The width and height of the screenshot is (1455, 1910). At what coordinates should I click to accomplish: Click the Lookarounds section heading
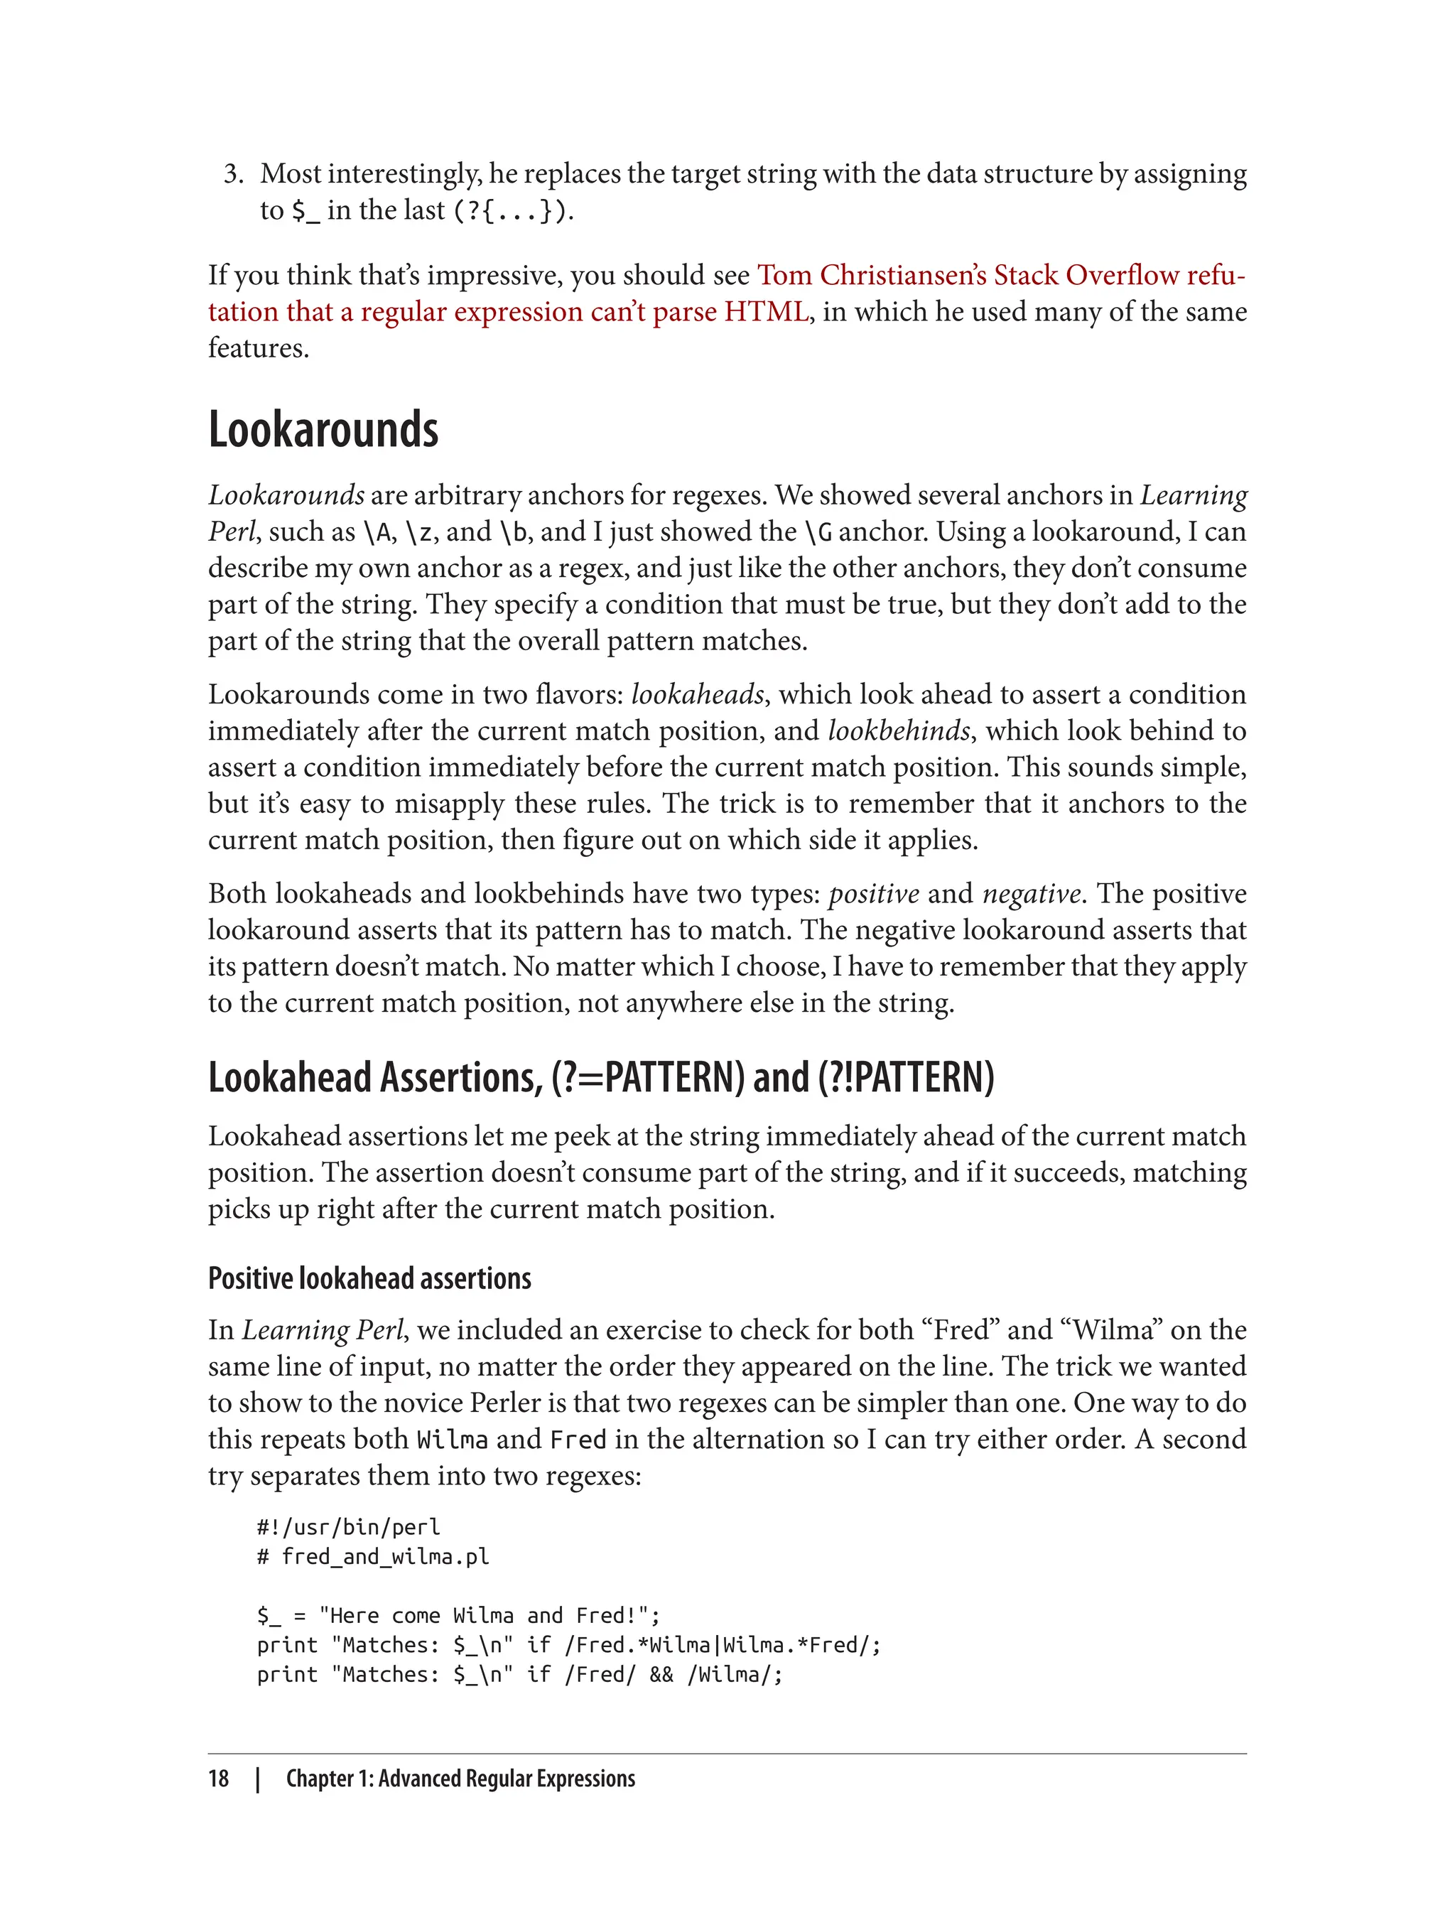323,430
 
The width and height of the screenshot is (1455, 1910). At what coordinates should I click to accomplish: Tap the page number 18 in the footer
218,1779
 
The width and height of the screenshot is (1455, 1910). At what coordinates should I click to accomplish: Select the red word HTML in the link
766,311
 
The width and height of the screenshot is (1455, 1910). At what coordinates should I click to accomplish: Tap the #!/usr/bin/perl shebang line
348,1526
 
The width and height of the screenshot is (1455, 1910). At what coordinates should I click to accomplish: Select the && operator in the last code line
661,1673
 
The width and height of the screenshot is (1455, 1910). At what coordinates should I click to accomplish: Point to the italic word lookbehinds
898,730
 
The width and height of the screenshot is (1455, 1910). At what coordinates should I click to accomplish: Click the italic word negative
1031,893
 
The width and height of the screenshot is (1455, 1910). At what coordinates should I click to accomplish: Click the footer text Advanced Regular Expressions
507,1779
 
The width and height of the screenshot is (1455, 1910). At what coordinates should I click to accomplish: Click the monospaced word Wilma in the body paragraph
452,1440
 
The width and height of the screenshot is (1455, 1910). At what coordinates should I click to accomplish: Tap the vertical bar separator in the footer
258,1779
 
